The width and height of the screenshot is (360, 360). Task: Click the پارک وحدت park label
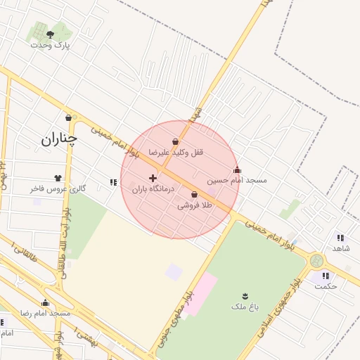[51, 44]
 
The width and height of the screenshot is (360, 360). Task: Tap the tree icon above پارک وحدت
[50, 34]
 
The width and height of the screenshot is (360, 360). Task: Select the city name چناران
[58, 139]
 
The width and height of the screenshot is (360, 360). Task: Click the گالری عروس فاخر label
[58, 188]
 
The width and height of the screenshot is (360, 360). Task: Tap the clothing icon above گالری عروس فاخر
[58, 178]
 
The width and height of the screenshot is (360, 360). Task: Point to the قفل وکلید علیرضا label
[175, 152]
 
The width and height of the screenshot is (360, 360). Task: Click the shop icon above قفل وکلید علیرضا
[175, 142]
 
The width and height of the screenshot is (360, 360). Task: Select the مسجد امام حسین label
[237, 180]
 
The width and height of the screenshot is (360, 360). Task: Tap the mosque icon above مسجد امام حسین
[237, 169]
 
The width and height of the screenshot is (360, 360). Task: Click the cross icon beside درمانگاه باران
[153, 179]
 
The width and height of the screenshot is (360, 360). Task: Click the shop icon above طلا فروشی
[194, 195]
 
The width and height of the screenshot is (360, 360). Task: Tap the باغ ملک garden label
[245, 307]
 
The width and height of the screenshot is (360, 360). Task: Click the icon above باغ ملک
[245, 295]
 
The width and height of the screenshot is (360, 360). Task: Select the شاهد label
[341, 248]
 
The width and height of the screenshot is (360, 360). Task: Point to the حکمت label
[326, 285]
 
